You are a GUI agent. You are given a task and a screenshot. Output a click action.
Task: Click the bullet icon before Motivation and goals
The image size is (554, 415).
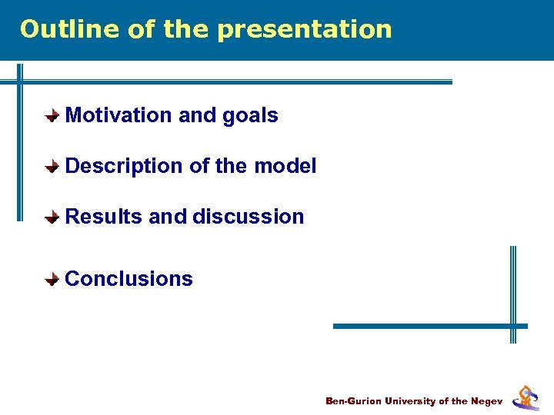51,116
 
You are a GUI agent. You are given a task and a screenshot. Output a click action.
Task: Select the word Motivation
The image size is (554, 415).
118,115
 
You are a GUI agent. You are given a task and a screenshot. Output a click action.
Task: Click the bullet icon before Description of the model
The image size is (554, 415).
51,167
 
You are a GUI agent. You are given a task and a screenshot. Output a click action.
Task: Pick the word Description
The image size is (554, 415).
123,166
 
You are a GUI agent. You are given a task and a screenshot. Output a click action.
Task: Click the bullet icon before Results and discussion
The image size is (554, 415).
51,217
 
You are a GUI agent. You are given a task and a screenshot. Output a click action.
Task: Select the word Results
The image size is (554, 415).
104,217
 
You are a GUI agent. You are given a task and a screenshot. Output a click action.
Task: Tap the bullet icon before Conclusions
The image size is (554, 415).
51,280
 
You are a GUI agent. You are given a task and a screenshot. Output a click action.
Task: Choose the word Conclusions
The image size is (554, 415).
128,279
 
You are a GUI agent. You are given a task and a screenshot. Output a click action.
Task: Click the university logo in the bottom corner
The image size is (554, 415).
526,397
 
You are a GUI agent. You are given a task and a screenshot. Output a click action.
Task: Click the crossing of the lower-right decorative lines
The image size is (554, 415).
513,326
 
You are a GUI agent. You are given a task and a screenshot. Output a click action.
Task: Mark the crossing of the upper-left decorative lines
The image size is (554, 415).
21,81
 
